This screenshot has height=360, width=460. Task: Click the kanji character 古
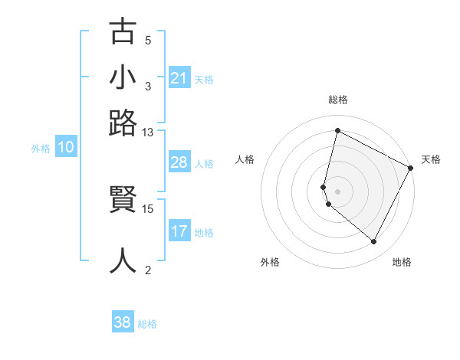123,33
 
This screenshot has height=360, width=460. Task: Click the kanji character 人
123,260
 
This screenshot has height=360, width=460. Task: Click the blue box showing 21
179,78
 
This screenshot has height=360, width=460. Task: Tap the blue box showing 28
179,163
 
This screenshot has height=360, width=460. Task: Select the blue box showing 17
179,232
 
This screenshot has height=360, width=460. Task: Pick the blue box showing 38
123,323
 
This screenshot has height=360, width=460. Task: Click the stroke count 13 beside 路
147,133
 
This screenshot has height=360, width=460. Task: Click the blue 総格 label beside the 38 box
147,324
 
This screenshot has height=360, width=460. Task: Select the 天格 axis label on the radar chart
431,159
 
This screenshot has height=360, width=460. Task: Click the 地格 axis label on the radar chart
402,262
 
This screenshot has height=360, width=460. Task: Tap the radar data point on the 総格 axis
337,131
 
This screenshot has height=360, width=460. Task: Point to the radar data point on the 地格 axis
373,242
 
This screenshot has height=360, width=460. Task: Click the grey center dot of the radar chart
337,191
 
